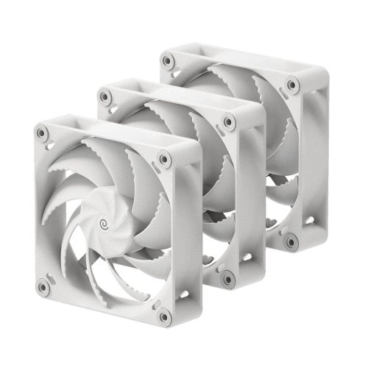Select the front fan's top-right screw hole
pos(164,158)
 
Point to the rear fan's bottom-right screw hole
pos(291,239)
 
